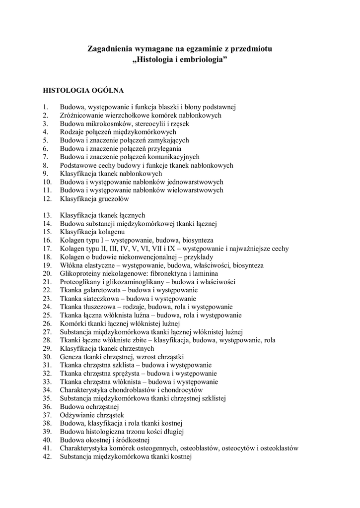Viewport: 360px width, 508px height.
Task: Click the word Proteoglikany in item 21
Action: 80,282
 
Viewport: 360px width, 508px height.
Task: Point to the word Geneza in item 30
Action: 71,357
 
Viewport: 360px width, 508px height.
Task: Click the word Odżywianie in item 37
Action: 78,415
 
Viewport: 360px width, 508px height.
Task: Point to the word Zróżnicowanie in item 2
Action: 81,116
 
